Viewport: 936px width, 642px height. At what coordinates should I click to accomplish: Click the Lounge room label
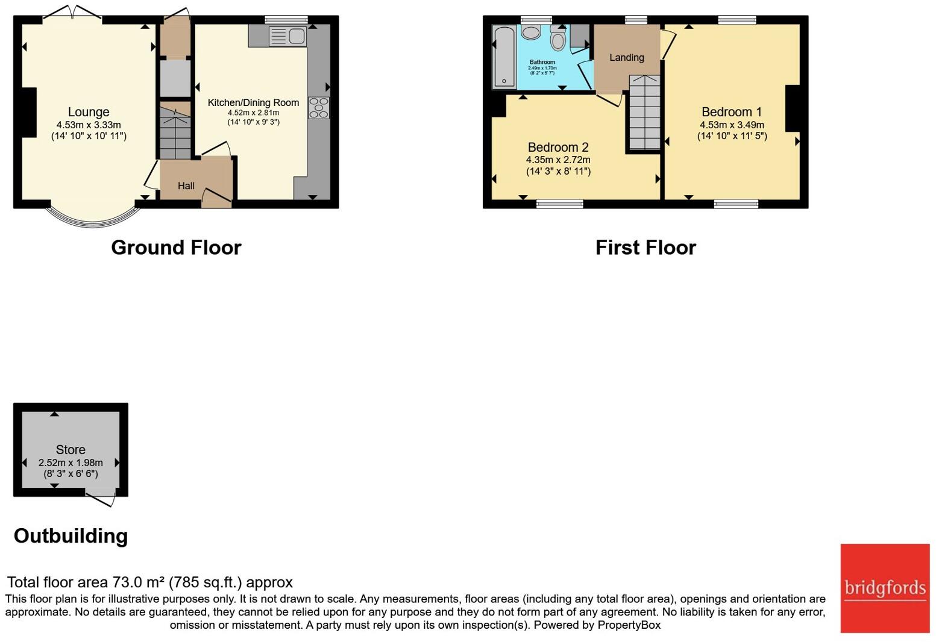tap(89, 112)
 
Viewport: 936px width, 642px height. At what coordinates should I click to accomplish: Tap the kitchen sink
tap(287, 36)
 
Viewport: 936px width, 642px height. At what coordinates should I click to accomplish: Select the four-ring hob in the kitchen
tap(319, 108)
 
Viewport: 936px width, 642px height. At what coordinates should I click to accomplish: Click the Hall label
tap(186, 185)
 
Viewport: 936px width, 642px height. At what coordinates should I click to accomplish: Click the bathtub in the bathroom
tap(504, 57)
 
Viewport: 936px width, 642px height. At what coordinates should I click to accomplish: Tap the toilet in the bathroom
tap(558, 38)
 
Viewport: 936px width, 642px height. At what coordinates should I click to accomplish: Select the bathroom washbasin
tap(531, 33)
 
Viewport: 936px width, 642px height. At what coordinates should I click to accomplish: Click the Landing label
tap(626, 58)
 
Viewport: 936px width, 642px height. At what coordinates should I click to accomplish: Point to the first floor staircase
tap(645, 112)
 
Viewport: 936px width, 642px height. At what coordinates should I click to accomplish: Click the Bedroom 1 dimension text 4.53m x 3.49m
tap(732, 125)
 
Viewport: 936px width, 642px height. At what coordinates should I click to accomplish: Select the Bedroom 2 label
tap(558, 148)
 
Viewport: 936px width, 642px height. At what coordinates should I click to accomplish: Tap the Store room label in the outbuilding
tap(71, 449)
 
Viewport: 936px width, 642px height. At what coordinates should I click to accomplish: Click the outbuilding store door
tap(100, 499)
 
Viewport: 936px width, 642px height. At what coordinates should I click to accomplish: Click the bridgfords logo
tap(885, 588)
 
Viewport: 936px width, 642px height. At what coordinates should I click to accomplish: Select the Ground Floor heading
tap(176, 248)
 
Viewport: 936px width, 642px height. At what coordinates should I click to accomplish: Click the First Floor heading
tap(645, 248)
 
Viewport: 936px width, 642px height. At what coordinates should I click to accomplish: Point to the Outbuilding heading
tap(71, 535)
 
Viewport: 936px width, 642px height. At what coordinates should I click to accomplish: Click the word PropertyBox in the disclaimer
tap(629, 625)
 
